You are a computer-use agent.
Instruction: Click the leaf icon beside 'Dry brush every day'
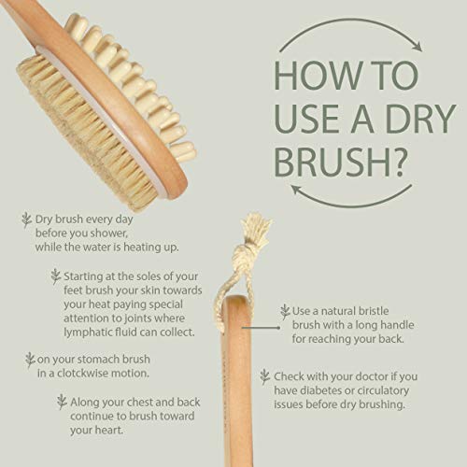click(x=26, y=220)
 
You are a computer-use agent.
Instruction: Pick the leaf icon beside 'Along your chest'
click(x=62, y=400)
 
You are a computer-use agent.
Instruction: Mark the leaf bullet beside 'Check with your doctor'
click(x=265, y=376)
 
